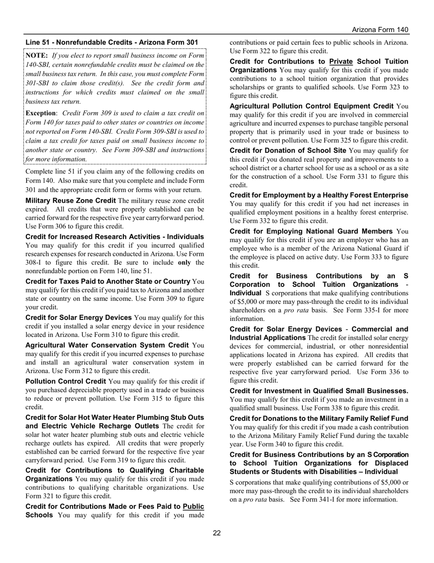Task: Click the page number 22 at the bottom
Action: point(217,533)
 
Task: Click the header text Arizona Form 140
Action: point(381,30)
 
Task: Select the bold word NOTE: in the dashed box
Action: point(37,55)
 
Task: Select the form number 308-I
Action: point(35,262)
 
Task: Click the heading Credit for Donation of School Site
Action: point(288,151)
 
